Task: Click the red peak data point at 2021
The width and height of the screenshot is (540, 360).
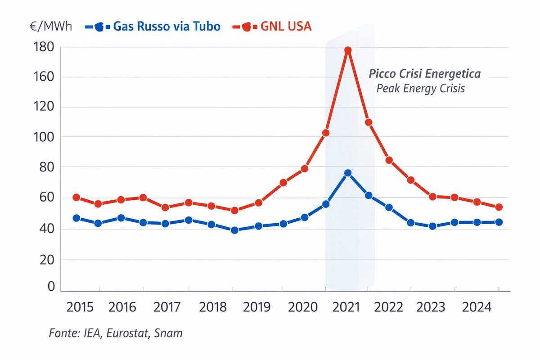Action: point(347,50)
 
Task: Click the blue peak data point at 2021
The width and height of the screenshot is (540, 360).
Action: point(347,173)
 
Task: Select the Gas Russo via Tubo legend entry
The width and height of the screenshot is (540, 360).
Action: point(153,27)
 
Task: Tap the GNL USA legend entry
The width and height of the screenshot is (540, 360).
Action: point(272,27)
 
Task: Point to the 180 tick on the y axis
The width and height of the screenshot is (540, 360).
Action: point(44,47)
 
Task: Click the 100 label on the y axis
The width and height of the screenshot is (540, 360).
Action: point(44,136)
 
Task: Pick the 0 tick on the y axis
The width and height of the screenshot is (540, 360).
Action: point(51,287)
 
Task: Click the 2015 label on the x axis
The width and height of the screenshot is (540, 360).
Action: point(80,308)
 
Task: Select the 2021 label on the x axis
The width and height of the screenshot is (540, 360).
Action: point(347,308)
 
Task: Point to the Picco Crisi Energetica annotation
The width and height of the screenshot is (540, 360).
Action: point(425,74)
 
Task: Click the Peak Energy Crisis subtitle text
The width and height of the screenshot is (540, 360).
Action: point(420,88)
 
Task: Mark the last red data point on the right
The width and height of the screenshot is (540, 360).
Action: point(499,207)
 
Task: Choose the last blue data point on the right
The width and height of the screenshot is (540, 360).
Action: point(499,222)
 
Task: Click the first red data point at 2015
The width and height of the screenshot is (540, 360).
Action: point(76,197)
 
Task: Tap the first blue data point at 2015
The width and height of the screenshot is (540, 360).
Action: point(76,218)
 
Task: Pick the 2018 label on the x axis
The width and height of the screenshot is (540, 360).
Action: point(213,308)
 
